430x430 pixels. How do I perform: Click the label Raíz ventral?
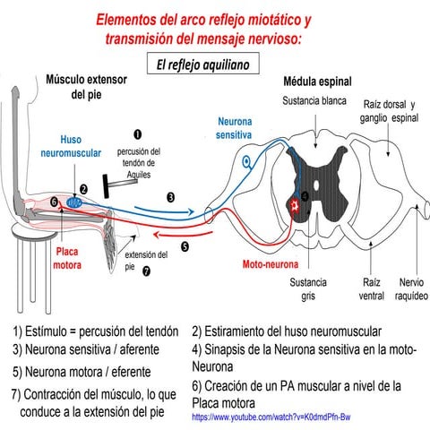[371, 288]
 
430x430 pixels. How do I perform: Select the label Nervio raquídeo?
[408, 288]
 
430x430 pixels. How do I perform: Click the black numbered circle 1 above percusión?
[138, 134]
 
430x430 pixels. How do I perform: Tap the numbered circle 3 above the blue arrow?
[170, 195]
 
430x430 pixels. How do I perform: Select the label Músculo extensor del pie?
[86, 87]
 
